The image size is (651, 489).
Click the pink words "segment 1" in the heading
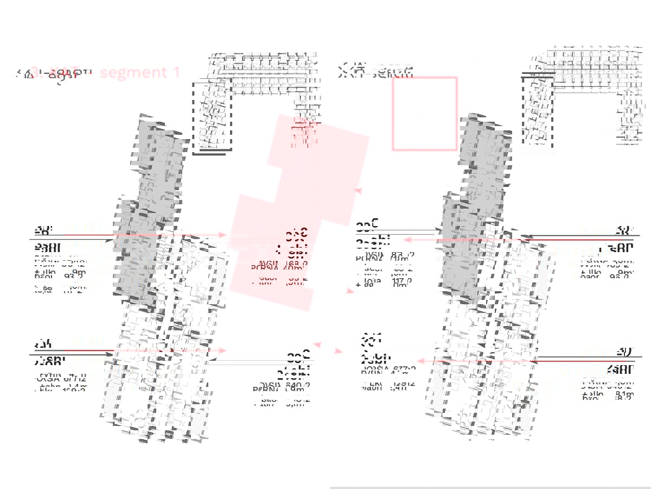(x=140, y=72)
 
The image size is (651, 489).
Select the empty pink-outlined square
(x=425, y=114)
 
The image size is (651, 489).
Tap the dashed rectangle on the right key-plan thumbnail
(x=538, y=112)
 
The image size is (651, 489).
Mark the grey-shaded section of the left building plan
(x=146, y=217)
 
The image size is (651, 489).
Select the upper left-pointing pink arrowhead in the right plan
(x=406, y=239)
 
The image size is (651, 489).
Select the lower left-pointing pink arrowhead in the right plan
(x=420, y=361)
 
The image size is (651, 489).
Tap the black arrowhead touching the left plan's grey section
(x=111, y=240)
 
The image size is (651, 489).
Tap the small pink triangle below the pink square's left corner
(x=358, y=190)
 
